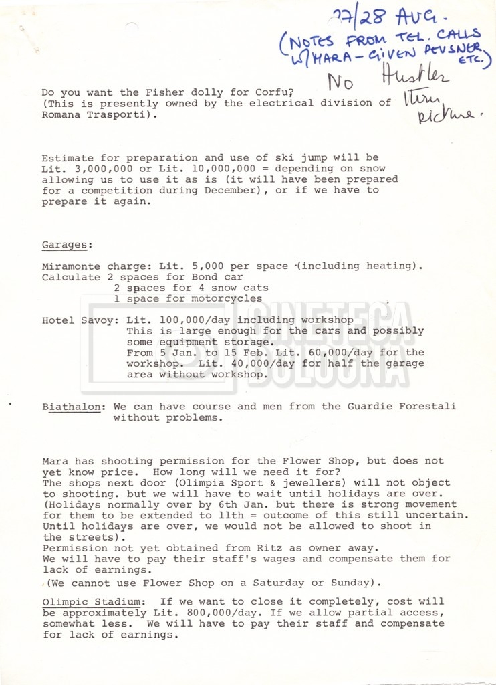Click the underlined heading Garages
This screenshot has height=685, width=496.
(64, 244)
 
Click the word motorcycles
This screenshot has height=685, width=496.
(227, 298)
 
